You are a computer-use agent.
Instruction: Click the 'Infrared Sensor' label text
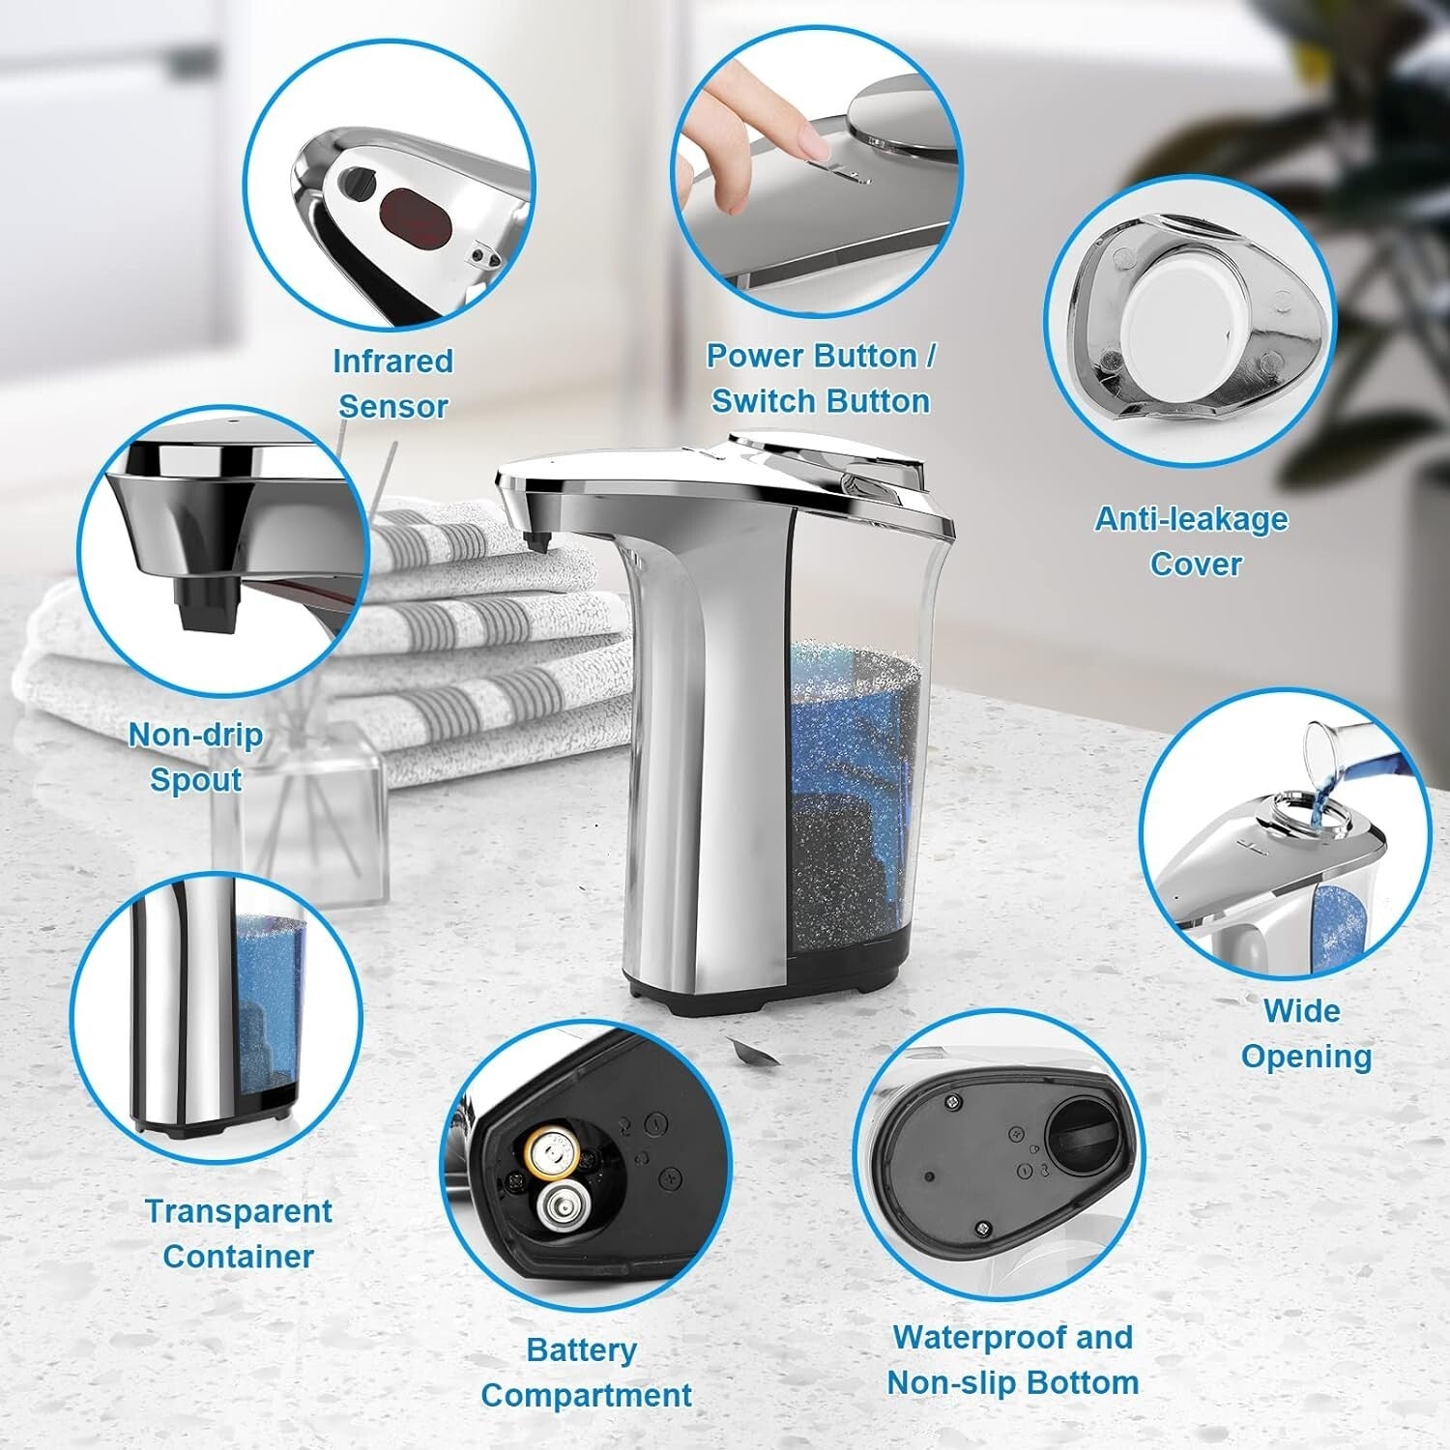tap(391, 384)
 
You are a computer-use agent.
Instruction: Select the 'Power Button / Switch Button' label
tap(820, 378)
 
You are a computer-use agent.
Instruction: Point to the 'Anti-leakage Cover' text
tap(1192, 541)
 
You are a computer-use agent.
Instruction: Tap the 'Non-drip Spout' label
tap(196, 757)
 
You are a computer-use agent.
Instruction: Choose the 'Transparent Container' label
tap(238, 1233)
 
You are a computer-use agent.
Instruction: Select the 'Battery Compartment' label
tap(585, 1373)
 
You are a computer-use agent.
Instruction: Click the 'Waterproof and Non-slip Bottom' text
tap(1012, 1360)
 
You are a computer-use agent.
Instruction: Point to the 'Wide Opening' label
tap(1305, 1033)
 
